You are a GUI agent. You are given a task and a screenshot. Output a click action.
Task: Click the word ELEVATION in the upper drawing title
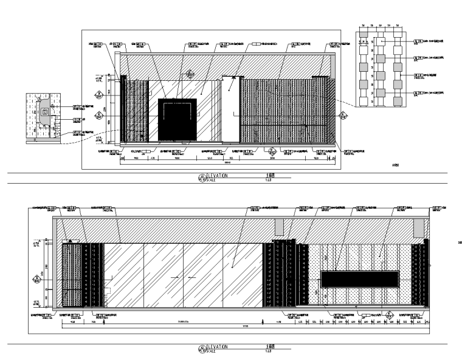[216, 175]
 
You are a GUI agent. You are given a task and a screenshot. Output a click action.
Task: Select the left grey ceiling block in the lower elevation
[279, 226]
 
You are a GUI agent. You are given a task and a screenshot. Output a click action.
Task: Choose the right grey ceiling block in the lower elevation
[419, 227]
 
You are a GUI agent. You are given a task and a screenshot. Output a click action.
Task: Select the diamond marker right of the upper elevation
[344, 114]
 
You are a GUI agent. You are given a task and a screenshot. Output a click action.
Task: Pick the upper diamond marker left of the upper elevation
[98, 94]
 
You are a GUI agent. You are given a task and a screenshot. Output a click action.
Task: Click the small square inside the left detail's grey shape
[44, 112]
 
